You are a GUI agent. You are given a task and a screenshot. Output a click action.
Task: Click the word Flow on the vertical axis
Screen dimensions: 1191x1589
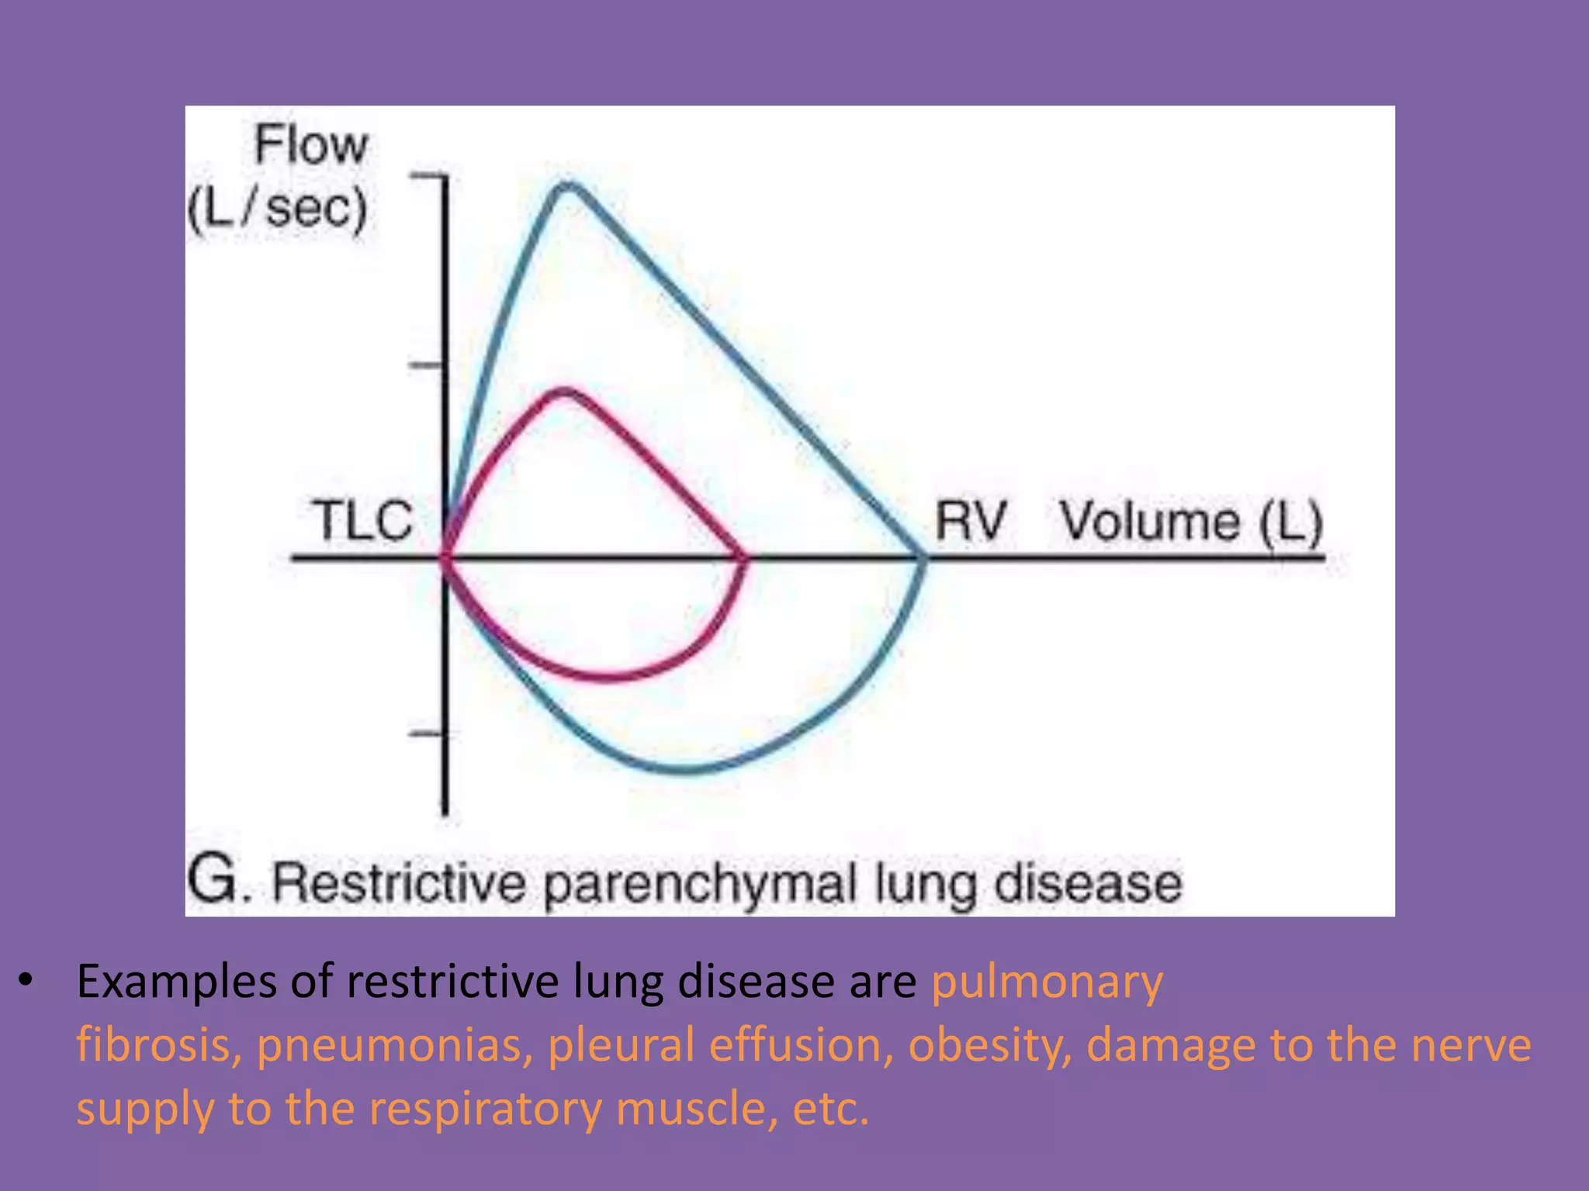click(x=311, y=146)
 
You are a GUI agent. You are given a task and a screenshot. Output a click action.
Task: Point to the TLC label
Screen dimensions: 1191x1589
click(x=362, y=520)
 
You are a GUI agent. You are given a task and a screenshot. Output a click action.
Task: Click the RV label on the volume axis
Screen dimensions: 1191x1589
click(x=971, y=520)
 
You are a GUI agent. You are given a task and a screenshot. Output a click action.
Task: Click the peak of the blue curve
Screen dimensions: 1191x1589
click(x=568, y=187)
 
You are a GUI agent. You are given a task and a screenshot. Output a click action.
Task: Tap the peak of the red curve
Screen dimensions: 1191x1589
click(x=565, y=392)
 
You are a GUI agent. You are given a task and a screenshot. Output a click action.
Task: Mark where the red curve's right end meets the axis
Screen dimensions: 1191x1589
click(x=744, y=557)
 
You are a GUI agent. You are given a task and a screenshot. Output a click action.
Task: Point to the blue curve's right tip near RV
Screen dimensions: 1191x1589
click(x=922, y=558)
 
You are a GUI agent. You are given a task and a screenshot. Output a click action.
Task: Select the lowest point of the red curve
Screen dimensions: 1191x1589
click(x=609, y=677)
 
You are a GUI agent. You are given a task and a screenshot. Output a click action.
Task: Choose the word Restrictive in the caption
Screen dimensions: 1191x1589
click(x=399, y=882)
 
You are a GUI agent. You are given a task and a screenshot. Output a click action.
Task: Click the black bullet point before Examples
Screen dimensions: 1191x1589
click(x=27, y=981)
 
